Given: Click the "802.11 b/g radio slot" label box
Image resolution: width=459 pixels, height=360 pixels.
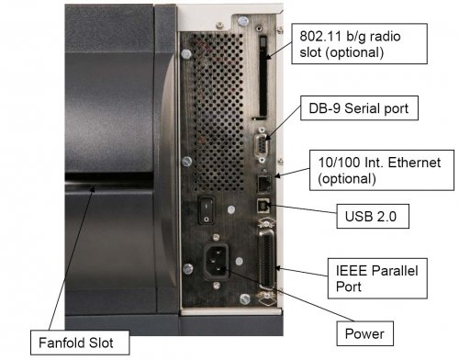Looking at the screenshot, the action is click(x=359, y=44).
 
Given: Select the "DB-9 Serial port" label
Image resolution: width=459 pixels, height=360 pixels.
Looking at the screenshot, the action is click(x=359, y=108).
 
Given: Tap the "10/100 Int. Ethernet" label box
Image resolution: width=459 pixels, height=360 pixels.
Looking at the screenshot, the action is click(x=382, y=170).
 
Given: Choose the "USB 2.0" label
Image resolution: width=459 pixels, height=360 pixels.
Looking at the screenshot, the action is click(x=373, y=217).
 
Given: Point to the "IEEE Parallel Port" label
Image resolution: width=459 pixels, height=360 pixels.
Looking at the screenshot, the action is click(x=377, y=278).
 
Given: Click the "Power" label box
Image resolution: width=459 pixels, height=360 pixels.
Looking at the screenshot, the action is click(x=364, y=333).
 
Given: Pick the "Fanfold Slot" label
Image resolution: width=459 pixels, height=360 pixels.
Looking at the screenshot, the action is click(x=80, y=343).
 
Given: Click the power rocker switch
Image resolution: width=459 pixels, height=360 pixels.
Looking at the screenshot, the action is click(x=207, y=210).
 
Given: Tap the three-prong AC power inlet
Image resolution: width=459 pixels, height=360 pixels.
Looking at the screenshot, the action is click(x=217, y=261).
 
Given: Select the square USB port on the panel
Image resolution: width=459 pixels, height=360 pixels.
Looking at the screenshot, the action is click(x=263, y=206).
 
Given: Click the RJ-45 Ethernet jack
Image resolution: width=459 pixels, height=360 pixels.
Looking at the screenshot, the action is click(x=263, y=185).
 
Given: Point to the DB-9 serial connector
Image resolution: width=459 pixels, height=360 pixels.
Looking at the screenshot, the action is click(x=262, y=145).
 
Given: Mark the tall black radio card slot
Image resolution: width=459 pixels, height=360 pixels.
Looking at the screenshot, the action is click(x=263, y=76).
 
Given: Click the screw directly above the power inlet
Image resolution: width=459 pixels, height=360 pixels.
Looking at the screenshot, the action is click(x=216, y=237).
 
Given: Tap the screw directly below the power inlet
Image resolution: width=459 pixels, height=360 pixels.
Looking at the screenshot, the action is click(x=217, y=286).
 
